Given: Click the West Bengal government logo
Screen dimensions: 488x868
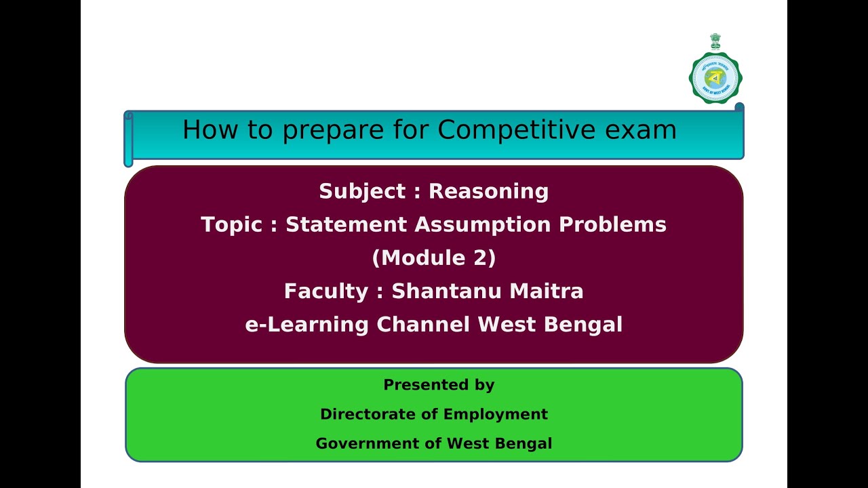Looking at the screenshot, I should tap(715, 77).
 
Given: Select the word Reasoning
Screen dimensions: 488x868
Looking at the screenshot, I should tap(488, 192).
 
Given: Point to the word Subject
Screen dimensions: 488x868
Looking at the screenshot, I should tap(362, 192).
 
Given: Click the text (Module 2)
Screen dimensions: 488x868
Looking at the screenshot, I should tap(434, 258).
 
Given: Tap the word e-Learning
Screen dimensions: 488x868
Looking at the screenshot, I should tap(307, 325).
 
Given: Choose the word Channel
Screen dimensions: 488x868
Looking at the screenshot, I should tap(423, 325).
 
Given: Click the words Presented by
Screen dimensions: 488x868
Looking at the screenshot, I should tap(439, 385).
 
